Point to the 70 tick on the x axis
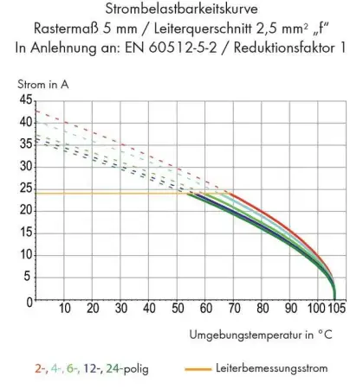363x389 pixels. (x=234, y=309)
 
